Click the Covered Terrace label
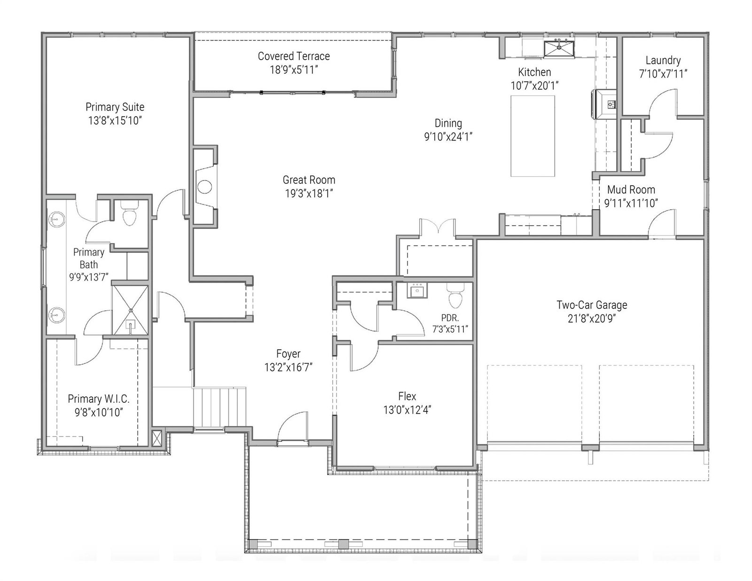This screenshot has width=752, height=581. click(x=293, y=56)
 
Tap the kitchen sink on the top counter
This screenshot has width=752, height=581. click(x=559, y=48)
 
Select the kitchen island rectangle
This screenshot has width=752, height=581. click(x=533, y=136)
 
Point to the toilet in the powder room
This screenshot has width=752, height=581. click(x=454, y=296)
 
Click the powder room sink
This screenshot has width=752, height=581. click(x=417, y=290)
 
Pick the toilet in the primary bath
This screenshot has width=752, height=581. click(x=129, y=212)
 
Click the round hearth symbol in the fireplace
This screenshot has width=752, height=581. click(x=204, y=187)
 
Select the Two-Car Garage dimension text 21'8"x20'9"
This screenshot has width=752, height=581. click(x=592, y=318)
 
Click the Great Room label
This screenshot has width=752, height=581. click(x=309, y=180)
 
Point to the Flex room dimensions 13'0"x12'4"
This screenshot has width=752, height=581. click(x=407, y=410)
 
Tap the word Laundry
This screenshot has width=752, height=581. click(x=663, y=60)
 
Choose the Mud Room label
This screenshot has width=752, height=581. click(x=631, y=189)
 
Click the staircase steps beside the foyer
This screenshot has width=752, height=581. click(x=219, y=407)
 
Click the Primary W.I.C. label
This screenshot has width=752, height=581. click(x=99, y=399)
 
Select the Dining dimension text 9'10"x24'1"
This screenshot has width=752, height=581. click(x=448, y=137)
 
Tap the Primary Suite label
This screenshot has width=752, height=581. click(x=115, y=107)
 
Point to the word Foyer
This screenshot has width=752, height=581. click(x=288, y=353)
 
